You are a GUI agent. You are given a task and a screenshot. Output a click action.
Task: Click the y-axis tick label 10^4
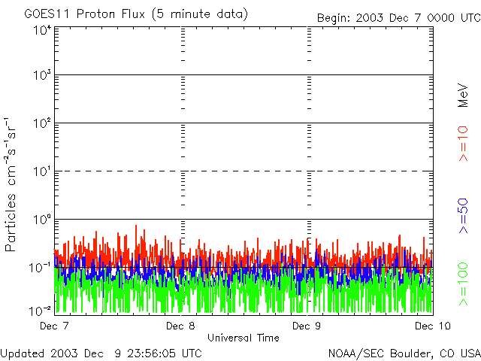[42, 29]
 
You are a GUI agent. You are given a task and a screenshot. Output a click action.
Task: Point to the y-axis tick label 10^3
[42, 76]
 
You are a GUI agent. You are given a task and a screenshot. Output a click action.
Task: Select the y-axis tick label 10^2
[42, 123]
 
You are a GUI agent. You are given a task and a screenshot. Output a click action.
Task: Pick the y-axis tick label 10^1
[42, 171]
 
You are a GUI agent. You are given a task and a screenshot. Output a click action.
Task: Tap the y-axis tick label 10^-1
[41, 267]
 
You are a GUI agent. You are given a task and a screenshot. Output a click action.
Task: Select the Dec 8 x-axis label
[181, 326]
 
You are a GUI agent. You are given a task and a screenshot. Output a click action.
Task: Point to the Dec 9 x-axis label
[307, 326]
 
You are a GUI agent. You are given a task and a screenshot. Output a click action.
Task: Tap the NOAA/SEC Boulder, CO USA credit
[404, 353]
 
